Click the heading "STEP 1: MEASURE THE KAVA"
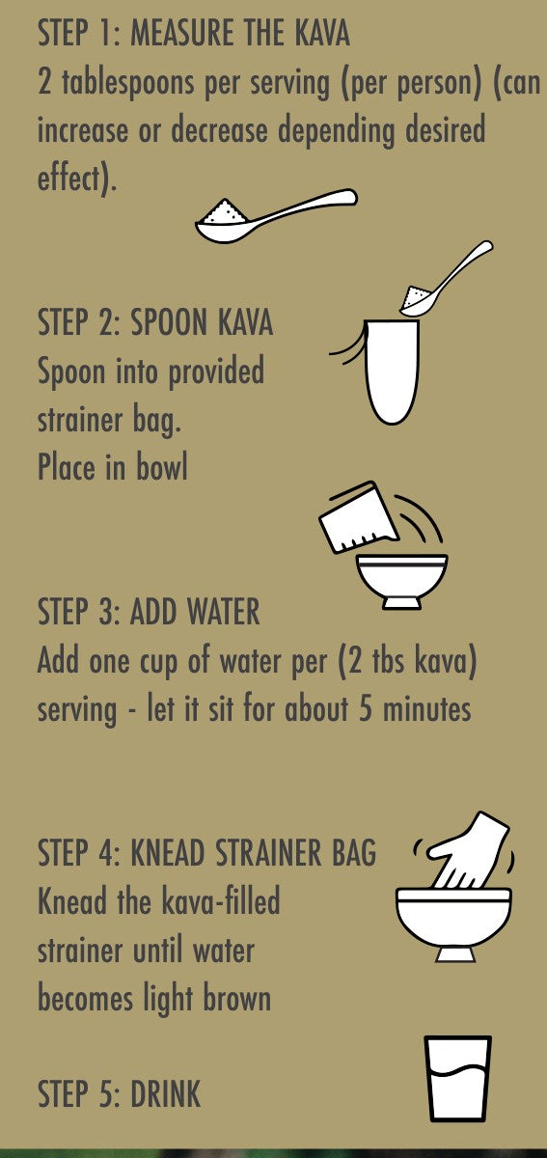(x=194, y=33)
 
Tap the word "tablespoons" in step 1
(x=128, y=83)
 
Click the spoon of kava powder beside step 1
(x=276, y=215)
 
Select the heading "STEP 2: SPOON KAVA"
(x=155, y=322)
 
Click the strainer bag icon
(x=392, y=372)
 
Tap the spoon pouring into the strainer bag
(x=446, y=279)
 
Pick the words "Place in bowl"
(x=112, y=467)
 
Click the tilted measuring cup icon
(x=358, y=518)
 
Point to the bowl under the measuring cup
(x=401, y=582)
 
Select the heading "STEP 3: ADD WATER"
(x=149, y=612)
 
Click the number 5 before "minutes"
(x=366, y=708)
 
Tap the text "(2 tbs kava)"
(x=407, y=661)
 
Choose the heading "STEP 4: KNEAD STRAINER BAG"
(x=206, y=852)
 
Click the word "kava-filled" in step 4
(x=220, y=901)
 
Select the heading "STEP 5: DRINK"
(x=119, y=1093)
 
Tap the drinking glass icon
(x=457, y=1079)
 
